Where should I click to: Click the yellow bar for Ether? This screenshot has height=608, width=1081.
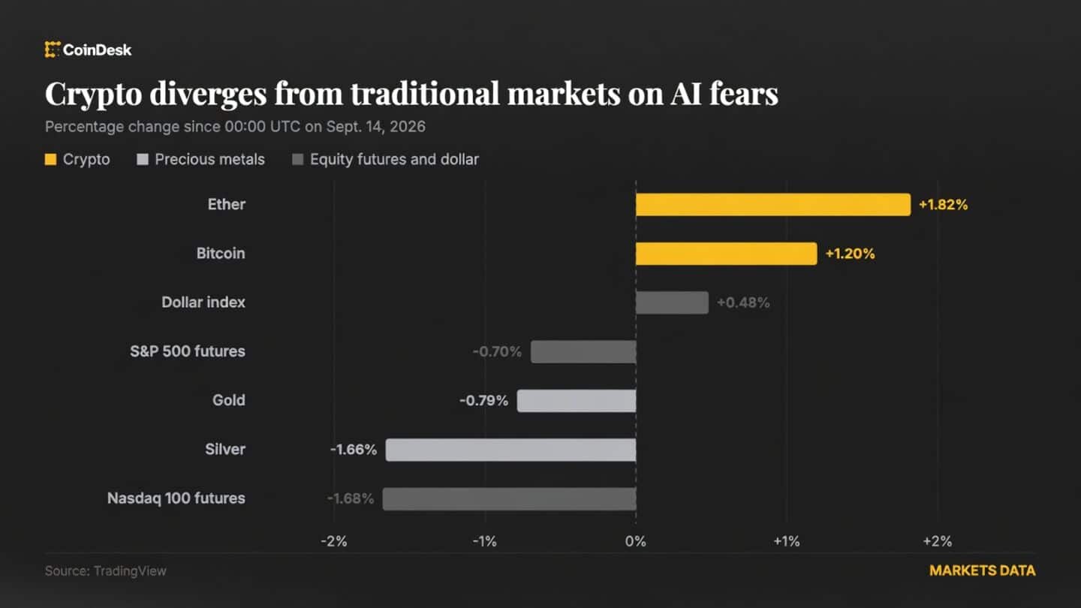773,205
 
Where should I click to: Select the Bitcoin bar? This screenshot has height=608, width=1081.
727,254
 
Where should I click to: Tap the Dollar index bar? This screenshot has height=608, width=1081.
673,302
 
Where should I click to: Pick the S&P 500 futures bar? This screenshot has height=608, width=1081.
583,352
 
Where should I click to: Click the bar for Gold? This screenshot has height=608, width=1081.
577,401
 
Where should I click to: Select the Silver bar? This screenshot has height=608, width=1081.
510,450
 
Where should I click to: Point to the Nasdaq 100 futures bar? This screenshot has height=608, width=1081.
509,498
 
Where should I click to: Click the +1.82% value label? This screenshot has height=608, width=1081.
944,205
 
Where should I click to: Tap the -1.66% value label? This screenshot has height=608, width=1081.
354,450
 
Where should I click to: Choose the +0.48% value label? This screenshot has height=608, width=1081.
743,302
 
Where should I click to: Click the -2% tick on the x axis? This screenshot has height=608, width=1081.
334,541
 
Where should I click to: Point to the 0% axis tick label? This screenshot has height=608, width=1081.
636,541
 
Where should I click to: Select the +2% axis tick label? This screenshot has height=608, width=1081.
938,541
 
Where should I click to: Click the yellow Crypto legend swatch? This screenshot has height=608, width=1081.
51,160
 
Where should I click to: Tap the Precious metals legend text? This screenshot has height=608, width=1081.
210,160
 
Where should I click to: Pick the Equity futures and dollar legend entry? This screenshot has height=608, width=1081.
386,160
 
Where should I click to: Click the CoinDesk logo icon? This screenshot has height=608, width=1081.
52,50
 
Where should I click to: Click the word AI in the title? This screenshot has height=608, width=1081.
686,93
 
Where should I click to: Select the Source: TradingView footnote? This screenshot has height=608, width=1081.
106,571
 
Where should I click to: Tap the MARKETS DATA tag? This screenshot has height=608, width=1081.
983,570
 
